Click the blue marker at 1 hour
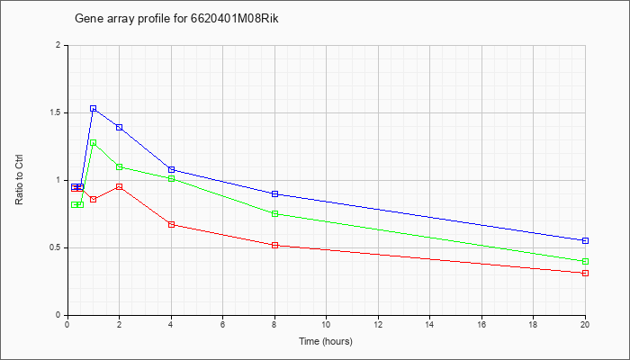[94, 109]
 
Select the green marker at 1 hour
[94, 142]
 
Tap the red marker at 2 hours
[120, 187]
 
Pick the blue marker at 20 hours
[585, 240]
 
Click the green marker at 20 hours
[585, 262]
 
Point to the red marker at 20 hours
[585, 274]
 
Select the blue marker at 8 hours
[275, 194]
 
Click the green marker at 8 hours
[275, 214]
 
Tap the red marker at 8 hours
[275, 245]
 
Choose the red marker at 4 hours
[172, 225]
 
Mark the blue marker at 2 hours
[120, 128]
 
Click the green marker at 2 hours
[120, 166]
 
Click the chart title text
[176, 19]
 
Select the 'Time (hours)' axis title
[326, 341]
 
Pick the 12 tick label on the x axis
[378, 324]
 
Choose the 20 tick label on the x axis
[585, 324]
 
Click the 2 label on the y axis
[58, 45]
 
